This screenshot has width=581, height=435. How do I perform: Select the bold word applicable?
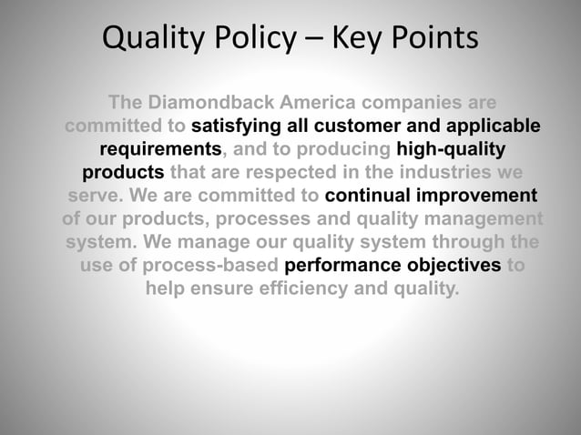pyautogui.click(x=493, y=125)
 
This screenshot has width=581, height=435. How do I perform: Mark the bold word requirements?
pyautogui.click(x=160, y=148)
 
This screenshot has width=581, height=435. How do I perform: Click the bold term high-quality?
pyautogui.click(x=451, y=148)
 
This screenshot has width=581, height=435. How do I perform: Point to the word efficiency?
pyautogui.click(x=300, y=289)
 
